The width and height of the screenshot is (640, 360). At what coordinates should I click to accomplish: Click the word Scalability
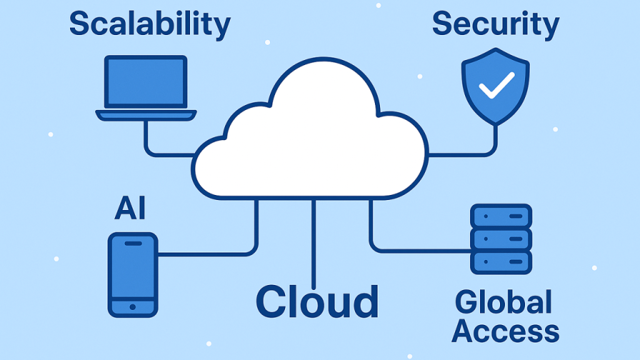[149, 24]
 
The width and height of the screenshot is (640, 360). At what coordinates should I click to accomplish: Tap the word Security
[495, 24]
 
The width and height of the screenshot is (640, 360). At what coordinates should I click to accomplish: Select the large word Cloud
[317, 302]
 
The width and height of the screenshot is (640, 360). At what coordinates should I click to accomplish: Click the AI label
[130, 209]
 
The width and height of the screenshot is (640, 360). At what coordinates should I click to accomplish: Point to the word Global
[503, 302]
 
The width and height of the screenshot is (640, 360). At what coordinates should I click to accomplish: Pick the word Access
[505, 331]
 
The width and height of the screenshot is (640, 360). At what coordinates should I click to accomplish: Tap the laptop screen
[146, 81]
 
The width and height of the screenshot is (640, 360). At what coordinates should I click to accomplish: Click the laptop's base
[146, 115]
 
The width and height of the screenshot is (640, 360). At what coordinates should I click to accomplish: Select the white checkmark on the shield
[496, 85]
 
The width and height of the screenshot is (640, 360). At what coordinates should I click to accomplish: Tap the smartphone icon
[133, 275]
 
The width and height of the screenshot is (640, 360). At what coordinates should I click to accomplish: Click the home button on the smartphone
[132, 307]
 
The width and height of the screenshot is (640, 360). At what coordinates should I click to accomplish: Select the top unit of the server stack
[501, 216]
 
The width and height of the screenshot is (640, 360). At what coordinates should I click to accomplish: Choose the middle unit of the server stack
[501, 239]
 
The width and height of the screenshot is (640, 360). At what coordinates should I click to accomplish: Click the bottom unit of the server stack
[501, 261]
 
